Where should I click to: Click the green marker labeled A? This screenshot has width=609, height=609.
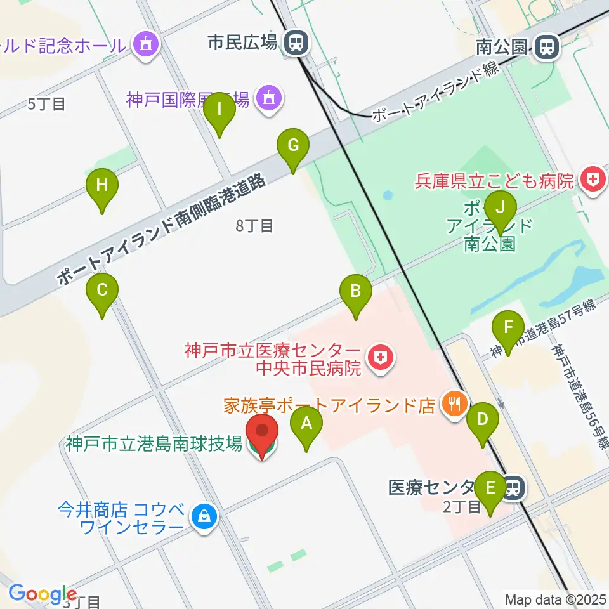(306, 422)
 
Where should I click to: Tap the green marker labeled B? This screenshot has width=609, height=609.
(356, 291)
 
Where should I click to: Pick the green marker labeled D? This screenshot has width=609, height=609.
(483, 419)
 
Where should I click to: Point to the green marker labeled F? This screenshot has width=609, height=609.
(508, 328)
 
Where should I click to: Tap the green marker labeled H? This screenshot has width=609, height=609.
(102, 186)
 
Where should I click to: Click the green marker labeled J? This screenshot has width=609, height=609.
(500, 207)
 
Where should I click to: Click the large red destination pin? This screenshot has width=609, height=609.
(261, 434)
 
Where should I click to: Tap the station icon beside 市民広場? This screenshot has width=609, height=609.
(296, 43)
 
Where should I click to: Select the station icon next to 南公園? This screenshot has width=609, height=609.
(545, 47)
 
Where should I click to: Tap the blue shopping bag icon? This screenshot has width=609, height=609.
(205, 517)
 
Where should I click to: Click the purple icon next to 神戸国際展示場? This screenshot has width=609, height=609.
(269, 99)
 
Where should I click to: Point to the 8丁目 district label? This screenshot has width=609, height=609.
(254, 226)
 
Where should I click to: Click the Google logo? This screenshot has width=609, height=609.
(43, 594)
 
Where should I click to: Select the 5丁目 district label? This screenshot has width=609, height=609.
(47, 103)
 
